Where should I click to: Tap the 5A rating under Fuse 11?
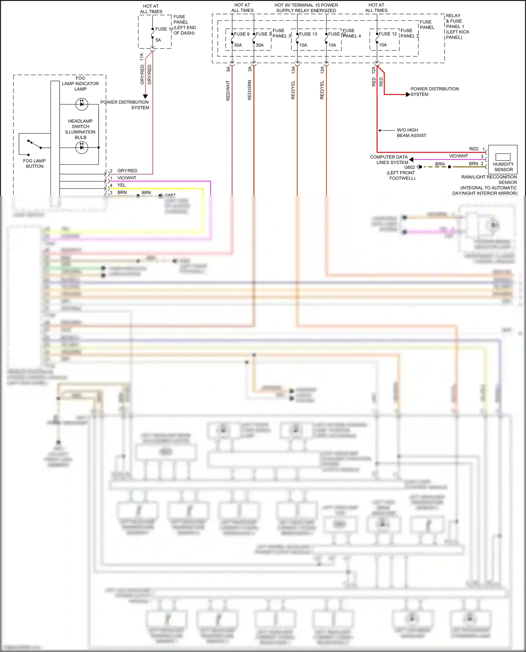(x=158, y=40)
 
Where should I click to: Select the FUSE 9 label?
(x=242, y=34)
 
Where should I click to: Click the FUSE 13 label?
(x=308, y=34)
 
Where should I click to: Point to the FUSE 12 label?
(x=387, y=34)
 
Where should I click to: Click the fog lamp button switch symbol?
(x=34, y=144)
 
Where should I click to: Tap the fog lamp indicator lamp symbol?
(x=82, y=104)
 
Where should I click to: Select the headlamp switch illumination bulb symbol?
(x=82, y=147)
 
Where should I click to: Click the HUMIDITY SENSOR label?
(x=503, y=167)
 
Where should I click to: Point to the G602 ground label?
(x=409, y=167)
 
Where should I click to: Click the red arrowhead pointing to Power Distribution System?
(x=408, y=95)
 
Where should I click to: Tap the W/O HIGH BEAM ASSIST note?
(x=411, y=133)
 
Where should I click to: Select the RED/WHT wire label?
(x=228, y=91)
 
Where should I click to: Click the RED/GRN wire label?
(x=250, y=90)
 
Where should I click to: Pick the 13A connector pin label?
(x=293, y=70)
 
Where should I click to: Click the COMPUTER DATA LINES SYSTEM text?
(x=389, y=160)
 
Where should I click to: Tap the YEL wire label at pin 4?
(x=121, y=185)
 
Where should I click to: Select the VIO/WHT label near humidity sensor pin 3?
(x=458, y=156)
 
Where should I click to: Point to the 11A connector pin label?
(x=142, y=57)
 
